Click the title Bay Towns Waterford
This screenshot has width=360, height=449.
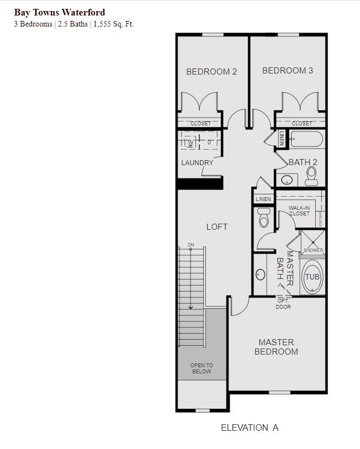tap(60, 13)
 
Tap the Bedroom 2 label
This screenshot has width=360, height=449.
tap(211, 72)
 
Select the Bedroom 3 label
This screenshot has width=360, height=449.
tap(288, 71)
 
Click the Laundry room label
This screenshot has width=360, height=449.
tap(197, 163)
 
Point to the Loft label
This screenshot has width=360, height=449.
tap(217, 227)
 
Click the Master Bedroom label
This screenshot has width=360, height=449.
tap(277, 347)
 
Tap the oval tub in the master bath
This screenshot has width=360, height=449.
tap(312, 277)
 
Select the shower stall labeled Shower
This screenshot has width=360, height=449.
tap(313, 244)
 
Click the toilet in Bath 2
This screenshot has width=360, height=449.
tap(311, 176)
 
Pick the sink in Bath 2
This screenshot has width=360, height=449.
tap(287, 180)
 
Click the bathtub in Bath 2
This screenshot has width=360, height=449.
tap(307, 139)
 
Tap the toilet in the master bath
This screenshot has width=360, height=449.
tap(264, 218)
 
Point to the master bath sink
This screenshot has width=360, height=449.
tap(260, 274)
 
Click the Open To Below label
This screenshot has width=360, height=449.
tap(202, 368)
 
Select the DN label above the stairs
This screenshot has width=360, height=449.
tap(190, 245)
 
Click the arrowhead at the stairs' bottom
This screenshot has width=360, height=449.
tap(190, 308)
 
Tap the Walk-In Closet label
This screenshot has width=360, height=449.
tap(299, 211)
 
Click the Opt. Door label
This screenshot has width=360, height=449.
tap(283, 304)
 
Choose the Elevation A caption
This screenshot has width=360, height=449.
tap(250, 428)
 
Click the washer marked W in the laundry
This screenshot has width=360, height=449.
tap(190, 143)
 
